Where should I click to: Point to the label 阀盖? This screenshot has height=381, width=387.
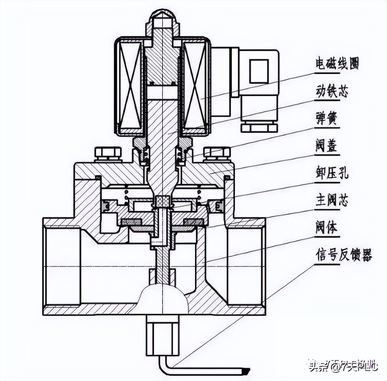(326, 146)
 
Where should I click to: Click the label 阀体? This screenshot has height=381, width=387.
(326, 228)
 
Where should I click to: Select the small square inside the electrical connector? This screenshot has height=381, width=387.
(259, 71)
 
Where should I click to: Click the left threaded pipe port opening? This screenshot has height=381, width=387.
(62, 266)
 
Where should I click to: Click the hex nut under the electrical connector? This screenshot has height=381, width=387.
(259, 126)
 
